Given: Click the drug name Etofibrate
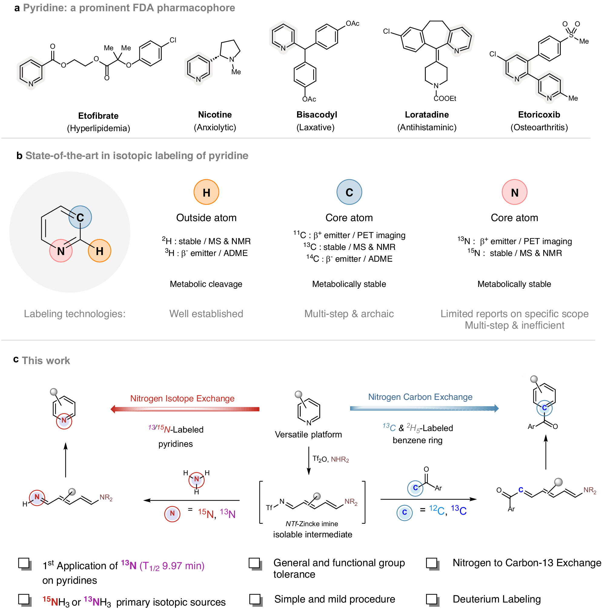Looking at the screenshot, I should point(98,116).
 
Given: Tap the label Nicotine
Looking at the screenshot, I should point(215,115).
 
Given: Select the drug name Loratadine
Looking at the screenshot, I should point(427,115).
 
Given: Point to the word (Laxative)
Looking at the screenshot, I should point(315,128).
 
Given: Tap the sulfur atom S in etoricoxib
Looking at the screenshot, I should point(571,35).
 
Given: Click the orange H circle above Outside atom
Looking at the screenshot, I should point(206,192).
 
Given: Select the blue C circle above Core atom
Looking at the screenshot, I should point(349,192).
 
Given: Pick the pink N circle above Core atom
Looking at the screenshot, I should point(514,192).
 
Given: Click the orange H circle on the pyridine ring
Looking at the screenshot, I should point(99,251).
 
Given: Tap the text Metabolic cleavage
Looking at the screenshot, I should point(206,284).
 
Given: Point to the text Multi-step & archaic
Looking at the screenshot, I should point(349,314).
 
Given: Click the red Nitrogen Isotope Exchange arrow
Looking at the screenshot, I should point(185,409).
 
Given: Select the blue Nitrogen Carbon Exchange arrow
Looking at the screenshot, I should point(424,408).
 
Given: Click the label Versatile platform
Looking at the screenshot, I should point(308,434).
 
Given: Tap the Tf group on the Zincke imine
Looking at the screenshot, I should point(269,508).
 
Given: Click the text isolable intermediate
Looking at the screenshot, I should point(313,534).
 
